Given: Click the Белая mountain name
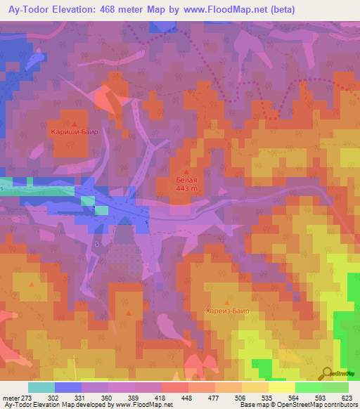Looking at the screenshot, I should click(186, 179).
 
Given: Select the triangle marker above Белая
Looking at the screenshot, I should click(186, 171).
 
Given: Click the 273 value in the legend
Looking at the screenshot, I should click(27, 398).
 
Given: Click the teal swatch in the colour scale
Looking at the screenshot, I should click(41, 387).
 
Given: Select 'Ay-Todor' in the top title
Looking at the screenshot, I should click(24, 9).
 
